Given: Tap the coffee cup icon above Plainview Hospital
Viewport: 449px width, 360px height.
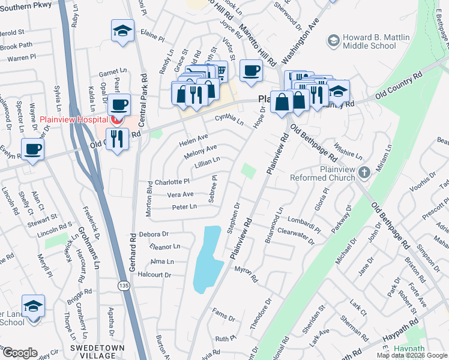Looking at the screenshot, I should pos(119,104).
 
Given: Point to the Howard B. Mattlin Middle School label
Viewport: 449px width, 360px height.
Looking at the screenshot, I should pos(375,41).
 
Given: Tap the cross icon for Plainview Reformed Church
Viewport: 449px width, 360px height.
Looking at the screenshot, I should pos(364,173).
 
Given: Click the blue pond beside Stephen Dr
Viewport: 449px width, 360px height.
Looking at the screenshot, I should pos(205,258).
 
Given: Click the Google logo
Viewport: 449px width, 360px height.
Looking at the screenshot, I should pos(19,353).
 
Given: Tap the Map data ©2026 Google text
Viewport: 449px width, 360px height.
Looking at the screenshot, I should pos(411,355).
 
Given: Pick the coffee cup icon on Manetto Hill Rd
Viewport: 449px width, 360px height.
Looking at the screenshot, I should pos(250,71).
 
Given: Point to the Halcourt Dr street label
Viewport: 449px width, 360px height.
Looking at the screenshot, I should pos(155,275).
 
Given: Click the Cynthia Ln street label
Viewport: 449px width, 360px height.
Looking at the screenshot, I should pos(229,119).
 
